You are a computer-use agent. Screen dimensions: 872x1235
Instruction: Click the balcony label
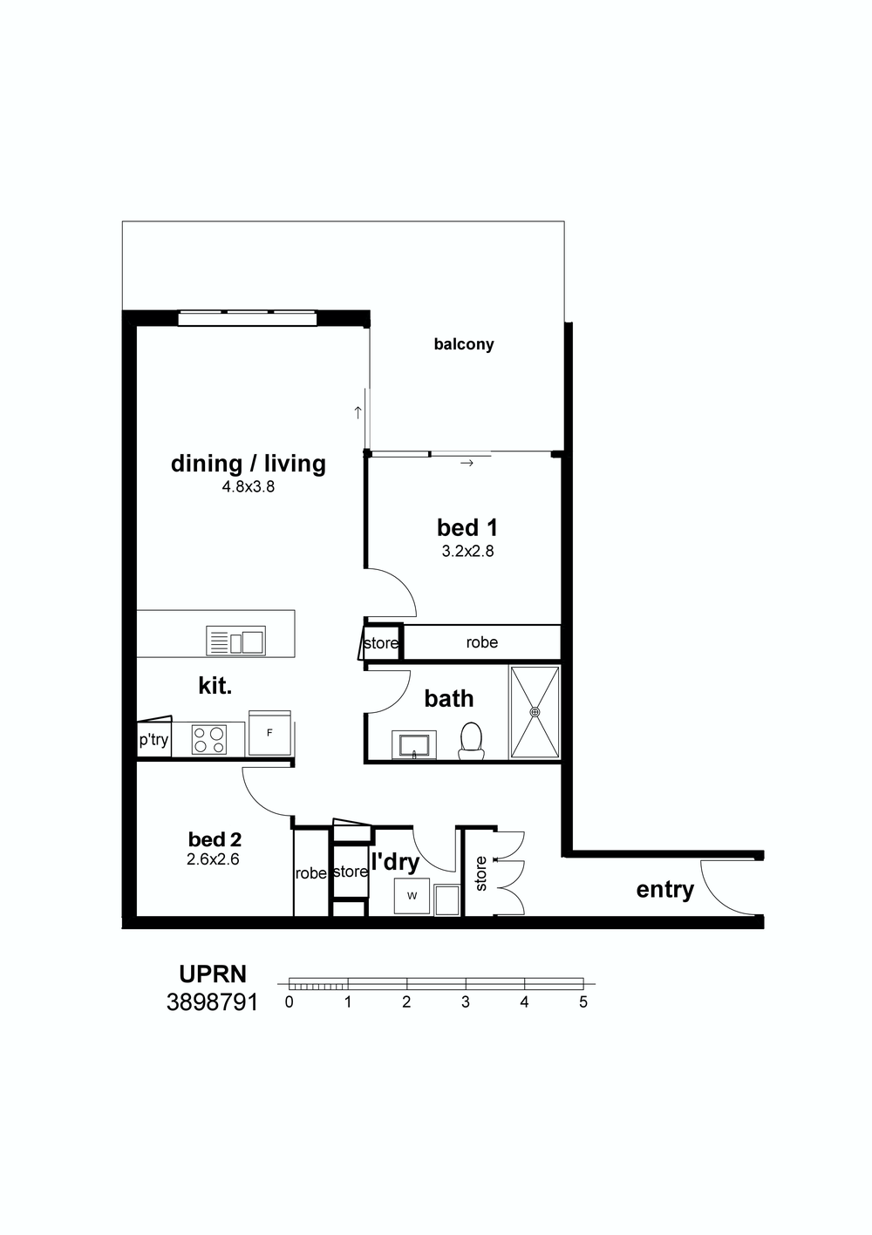click(x=463, y=344)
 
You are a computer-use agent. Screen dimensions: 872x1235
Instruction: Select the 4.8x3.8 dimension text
click(x=249, y=487)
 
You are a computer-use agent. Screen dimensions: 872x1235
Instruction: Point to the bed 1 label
click(x=467, y=527)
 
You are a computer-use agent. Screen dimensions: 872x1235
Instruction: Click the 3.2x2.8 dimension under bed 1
click(x=467, y=552)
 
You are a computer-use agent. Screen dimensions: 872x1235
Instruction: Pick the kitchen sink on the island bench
click(x=235, y=641)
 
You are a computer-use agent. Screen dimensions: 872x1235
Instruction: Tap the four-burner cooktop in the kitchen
click(x=209, y=739)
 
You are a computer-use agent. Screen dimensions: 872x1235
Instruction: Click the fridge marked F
click(x=269, y=733)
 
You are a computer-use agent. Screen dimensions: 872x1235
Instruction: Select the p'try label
click(x=153, y=739)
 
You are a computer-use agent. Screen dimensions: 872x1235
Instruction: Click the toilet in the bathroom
click(x=471, y=741)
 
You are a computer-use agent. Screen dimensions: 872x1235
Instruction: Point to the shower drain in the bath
click(x=535, y=712)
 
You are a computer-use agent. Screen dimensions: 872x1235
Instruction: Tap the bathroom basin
click(x=413, y=745)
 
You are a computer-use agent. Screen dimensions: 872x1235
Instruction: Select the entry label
click(x=664, y=890)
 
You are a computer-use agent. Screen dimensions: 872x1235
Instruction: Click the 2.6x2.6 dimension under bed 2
click(x=213, y=859)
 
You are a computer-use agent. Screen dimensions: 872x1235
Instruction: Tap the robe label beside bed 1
click(x=481, y=642)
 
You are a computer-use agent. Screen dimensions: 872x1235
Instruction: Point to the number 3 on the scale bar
click(x=466, y=1001)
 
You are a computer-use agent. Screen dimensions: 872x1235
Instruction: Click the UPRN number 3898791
click(x=213, y=1002)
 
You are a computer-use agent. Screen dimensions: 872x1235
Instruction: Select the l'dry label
click(x=396, y=862)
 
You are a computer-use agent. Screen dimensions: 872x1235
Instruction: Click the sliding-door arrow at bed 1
click(x=467, y=463)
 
